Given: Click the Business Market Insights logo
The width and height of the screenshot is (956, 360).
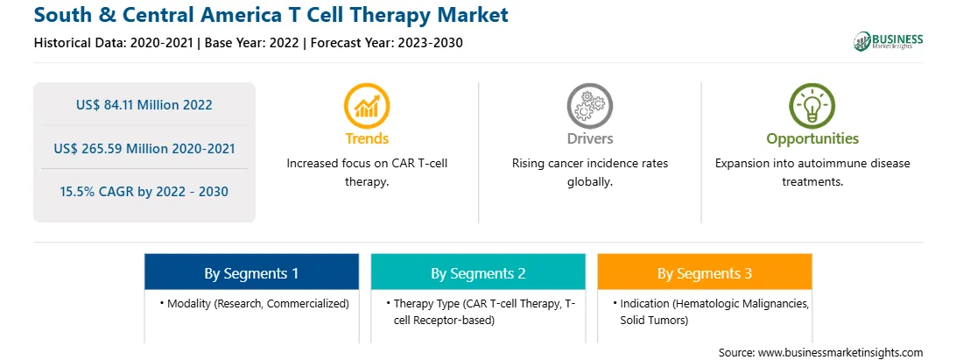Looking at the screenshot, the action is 888,41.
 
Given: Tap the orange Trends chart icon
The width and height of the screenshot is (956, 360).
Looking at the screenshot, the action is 367,106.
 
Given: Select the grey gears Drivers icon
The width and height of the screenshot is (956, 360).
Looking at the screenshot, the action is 589,106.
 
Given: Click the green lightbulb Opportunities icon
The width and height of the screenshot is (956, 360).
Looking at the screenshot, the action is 812,106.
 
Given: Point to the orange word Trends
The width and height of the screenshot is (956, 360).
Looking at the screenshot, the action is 367,138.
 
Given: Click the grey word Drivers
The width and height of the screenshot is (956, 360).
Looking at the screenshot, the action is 589,138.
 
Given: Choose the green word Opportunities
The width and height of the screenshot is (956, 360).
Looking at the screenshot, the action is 812,139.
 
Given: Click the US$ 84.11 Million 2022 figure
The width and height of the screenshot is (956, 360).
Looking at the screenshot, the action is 144,105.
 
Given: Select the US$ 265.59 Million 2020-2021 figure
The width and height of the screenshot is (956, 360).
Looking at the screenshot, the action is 144,148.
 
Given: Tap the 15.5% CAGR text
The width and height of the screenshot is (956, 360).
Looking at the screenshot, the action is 144,192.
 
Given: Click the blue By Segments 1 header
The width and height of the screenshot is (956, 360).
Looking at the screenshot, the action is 252,273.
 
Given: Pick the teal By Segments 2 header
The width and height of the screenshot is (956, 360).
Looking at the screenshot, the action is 478,273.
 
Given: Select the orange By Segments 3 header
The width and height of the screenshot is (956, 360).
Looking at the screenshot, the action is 705,273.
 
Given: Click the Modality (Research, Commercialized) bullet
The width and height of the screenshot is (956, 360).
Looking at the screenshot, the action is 255,303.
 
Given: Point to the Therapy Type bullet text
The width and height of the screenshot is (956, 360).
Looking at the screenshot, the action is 481,312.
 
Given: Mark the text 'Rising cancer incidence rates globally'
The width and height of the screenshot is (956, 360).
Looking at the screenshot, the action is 589,173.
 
